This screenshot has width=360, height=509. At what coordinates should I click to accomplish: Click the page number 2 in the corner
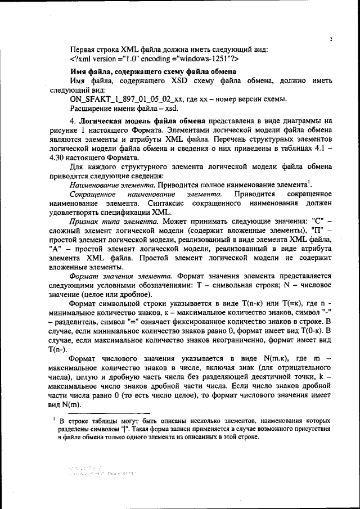(x=331, y=39)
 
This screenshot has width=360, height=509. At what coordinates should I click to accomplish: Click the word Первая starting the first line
(x=82, y=49)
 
